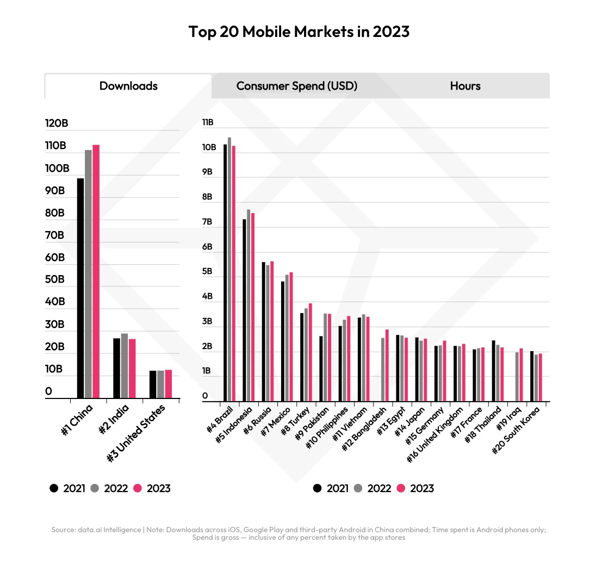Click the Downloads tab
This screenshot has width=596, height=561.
128,86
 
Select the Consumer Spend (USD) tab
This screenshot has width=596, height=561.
296,86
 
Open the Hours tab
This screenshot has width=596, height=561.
465,86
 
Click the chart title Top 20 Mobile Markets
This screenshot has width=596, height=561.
299,32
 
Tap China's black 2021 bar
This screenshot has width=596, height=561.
80,288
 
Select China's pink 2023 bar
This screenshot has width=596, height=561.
96,272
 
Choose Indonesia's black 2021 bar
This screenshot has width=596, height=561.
244,310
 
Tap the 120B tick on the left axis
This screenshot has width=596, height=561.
57,123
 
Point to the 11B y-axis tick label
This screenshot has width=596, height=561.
208,122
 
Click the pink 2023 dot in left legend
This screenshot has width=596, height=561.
138,488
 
